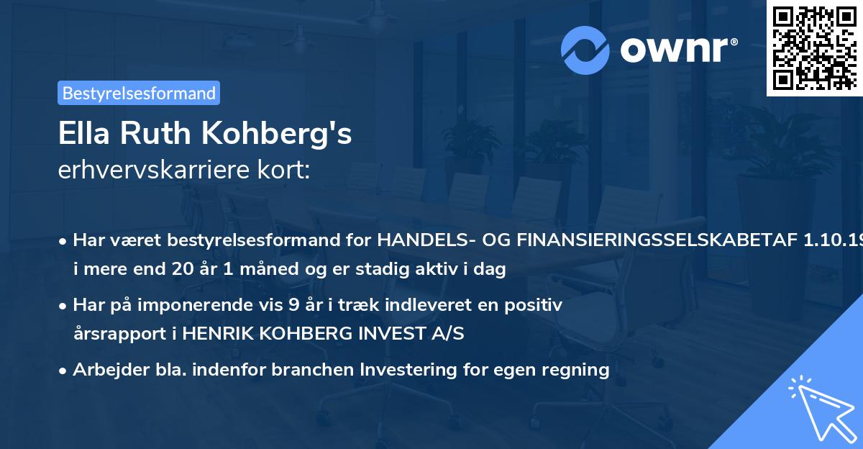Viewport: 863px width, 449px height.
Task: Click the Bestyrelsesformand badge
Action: [139, 93]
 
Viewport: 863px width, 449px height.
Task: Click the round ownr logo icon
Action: [585, 50]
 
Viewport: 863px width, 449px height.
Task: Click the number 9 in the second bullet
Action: [293, 304]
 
